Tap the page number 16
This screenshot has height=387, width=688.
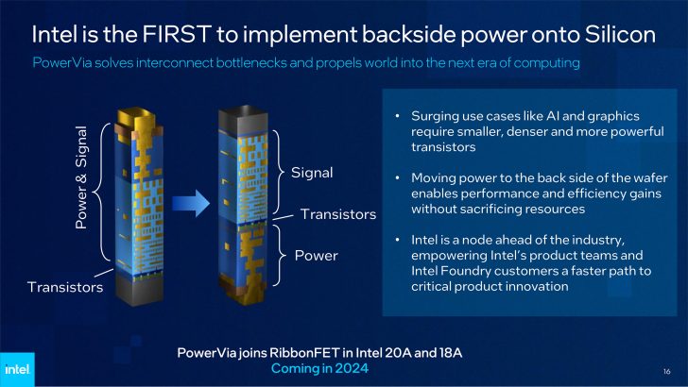(666, 369)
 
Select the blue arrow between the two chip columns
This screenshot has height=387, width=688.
(193, 200)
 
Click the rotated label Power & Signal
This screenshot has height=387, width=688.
(81, 179)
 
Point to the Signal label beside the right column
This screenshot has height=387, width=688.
(314, 174)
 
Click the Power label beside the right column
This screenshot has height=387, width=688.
(316, 255)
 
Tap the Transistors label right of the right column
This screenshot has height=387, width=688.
(337, 214)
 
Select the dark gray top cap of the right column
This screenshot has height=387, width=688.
(241, 120)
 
